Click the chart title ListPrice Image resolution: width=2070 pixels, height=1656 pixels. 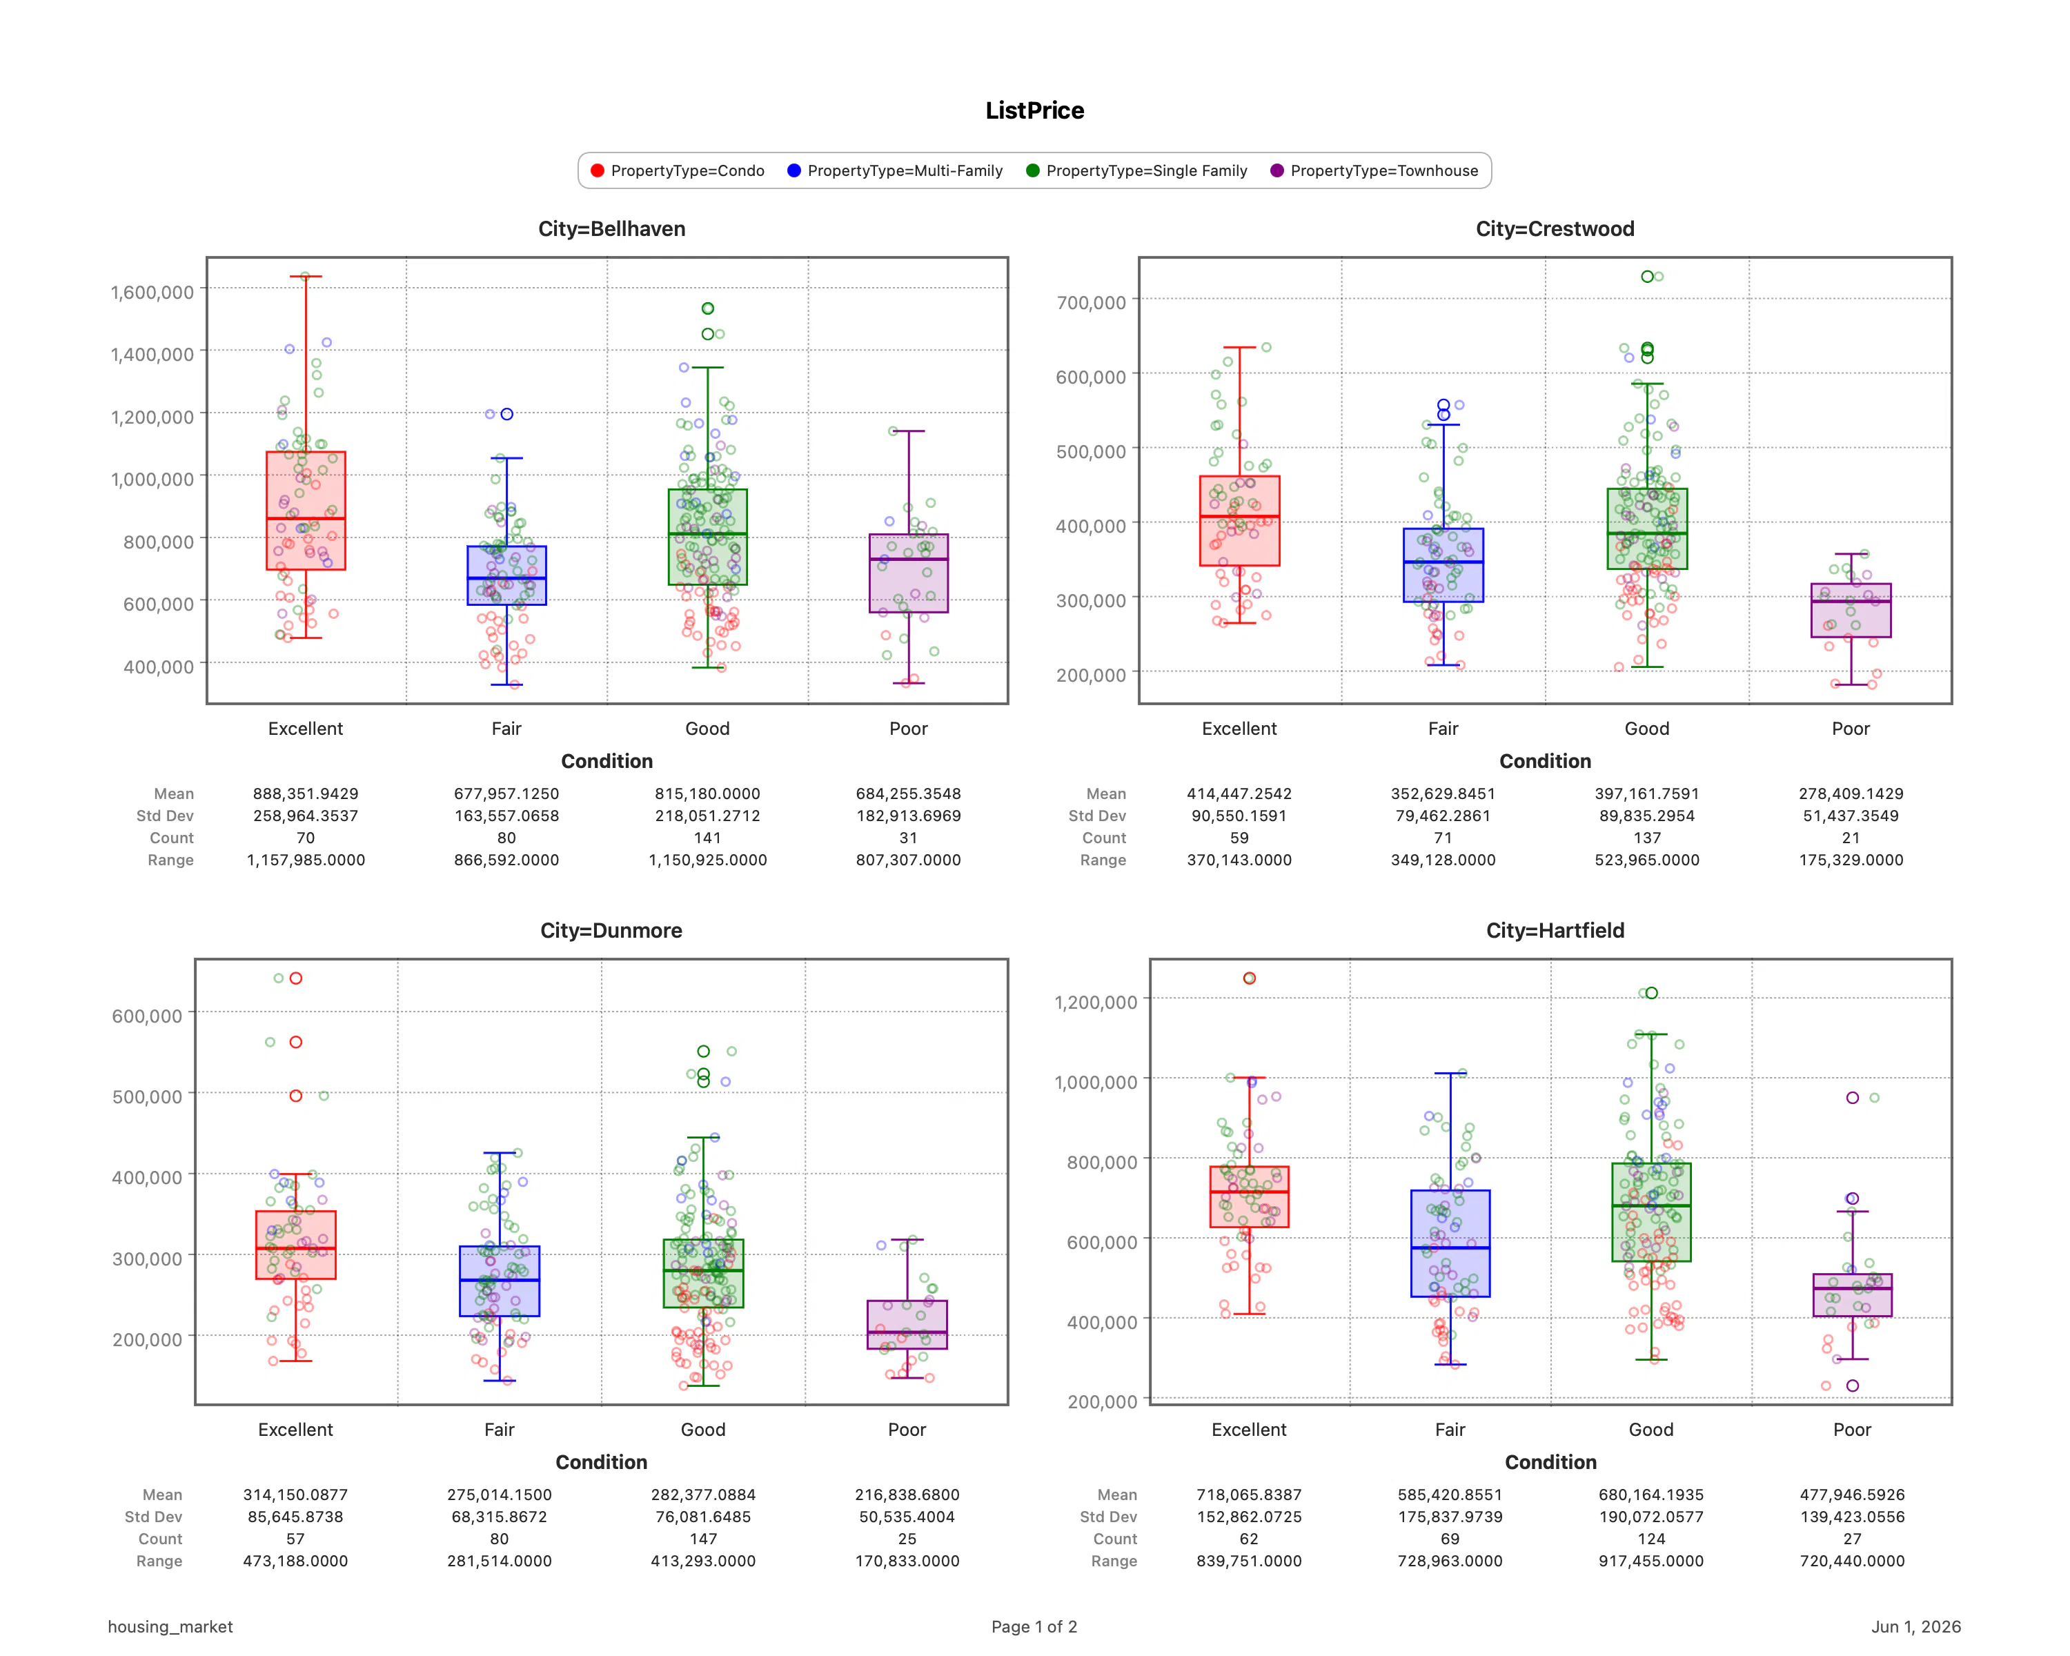(1034, 110)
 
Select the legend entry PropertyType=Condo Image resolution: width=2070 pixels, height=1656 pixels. (678, 171)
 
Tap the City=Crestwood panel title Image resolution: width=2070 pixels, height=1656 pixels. (1555, 228)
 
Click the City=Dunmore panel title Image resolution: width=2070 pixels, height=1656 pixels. (611, 930)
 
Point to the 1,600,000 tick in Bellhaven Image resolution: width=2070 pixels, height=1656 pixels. (152, 292)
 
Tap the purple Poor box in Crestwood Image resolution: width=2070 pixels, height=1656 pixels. (1851, 611)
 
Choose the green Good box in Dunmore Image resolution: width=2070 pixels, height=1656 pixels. (703, 1273)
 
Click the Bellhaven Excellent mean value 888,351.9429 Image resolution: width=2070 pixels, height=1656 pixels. (305, 794)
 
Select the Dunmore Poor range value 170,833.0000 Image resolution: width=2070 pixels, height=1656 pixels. (907, 1561)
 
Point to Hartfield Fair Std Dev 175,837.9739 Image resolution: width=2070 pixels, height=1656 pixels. (1450, 1517)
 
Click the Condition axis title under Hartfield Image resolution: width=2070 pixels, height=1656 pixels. (1550, 1462)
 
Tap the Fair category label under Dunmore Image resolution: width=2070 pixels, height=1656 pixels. (500, 1430)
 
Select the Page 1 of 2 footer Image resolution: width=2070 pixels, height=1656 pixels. (1034, 1627)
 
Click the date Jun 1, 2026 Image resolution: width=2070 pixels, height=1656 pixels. (1915, 1627)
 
